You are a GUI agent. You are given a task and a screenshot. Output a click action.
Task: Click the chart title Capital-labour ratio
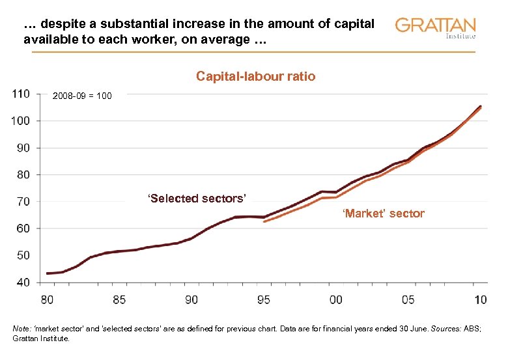[255, 77]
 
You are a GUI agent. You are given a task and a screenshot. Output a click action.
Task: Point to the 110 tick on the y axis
[20, 94]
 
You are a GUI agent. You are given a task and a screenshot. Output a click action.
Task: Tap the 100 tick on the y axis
[20, 120]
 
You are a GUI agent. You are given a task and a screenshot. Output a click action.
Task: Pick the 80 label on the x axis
[48, 300]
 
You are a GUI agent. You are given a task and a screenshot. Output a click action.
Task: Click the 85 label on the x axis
[119, 300]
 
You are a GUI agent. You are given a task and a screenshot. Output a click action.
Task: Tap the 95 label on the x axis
[264, 300]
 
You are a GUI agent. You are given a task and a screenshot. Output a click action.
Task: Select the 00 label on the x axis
[336, 300]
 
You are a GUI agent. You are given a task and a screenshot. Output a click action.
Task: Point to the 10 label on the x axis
[480, 300]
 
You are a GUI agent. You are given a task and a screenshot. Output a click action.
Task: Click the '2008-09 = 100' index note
[82, 96]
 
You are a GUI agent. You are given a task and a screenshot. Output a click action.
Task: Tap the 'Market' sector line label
[384, 214]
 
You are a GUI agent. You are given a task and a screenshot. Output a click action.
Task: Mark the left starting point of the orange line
[264, 222]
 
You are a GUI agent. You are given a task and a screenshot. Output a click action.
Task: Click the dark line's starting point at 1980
[48, 273]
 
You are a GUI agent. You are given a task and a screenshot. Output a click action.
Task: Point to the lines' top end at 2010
[480, 106]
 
